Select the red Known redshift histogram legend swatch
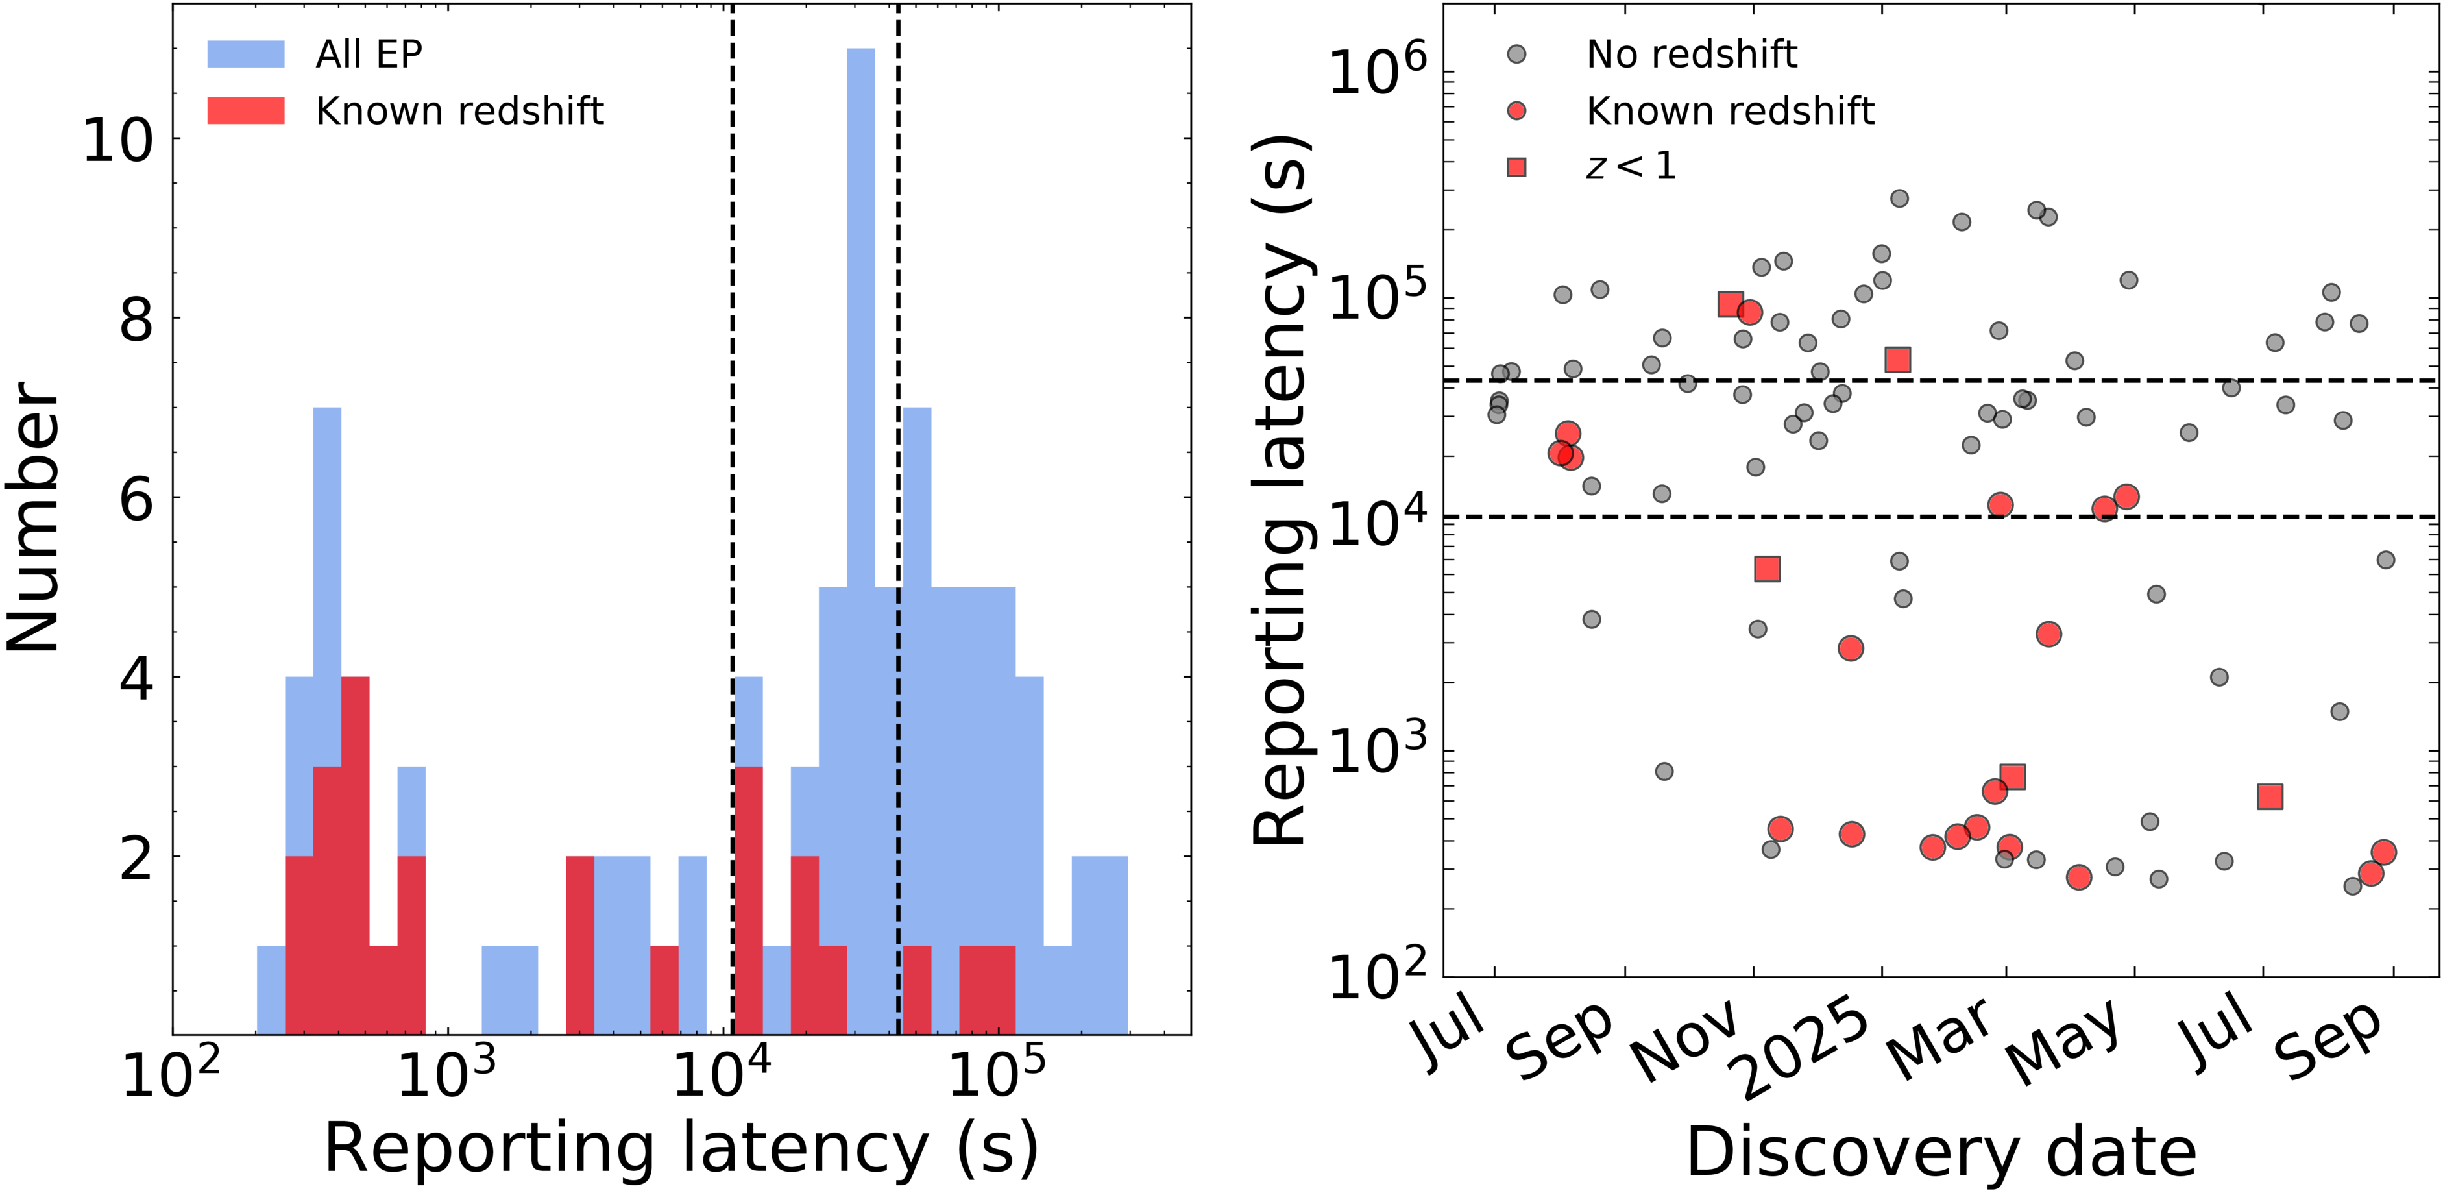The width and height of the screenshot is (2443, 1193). point(246,111)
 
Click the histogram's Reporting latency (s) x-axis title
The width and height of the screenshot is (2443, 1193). point(681,1148)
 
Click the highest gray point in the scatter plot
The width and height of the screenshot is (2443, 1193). point(1899,198)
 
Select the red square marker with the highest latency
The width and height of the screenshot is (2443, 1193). point(1730,304)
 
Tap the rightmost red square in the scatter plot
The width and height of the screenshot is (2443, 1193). point(2270,796)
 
